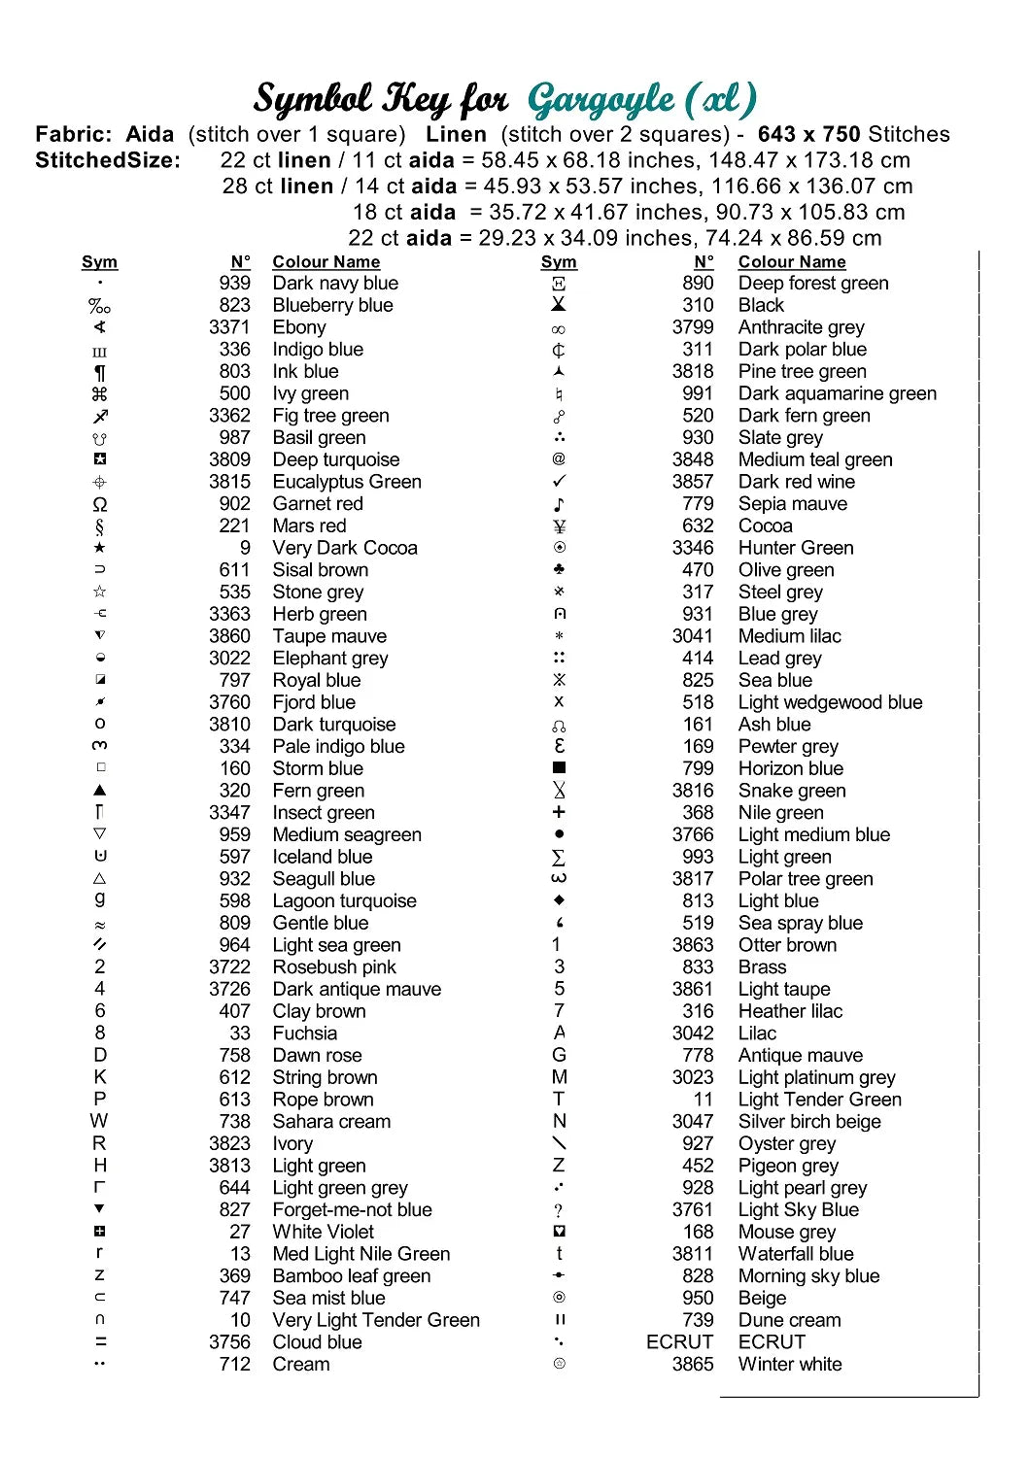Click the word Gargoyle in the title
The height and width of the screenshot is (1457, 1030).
click(x=601, y=100)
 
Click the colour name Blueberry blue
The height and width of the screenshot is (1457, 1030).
click(x=332, y=305)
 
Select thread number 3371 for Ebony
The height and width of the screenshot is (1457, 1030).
click(x=229, y=327)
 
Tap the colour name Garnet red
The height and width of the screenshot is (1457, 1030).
click(x=317, y=504)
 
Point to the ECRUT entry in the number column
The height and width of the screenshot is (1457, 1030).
click(x=679, y=1342)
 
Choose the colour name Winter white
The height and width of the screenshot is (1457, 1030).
click(x=790, y=1365)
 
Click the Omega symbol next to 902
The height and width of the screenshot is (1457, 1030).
click(x=100, y=505)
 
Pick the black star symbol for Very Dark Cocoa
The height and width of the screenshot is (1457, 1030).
click(x=100, y=548)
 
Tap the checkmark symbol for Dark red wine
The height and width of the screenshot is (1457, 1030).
click(x=559, y=482)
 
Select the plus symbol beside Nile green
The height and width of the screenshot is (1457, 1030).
click(x=559, y=812)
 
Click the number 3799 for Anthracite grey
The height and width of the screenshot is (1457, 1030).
click(x=693, y=327)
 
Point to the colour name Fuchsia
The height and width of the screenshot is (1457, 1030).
click(x=305, y=1033)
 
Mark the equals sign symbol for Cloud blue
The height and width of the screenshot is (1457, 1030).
click(x=100, y=1342)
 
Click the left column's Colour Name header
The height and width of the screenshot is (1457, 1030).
click(x=326, y=262)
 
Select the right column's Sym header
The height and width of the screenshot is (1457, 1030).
click(x=559, y=262)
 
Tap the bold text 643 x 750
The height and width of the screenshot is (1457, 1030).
click(x=809, y=135)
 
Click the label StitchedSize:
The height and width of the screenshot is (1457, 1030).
click(x=108, y=160)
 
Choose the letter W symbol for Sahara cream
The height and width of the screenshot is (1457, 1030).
click(x=99, y=1122)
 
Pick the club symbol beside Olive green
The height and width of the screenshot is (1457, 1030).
click(x=559, y=569)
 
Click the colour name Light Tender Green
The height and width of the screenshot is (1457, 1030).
click(x=819, y=1100)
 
